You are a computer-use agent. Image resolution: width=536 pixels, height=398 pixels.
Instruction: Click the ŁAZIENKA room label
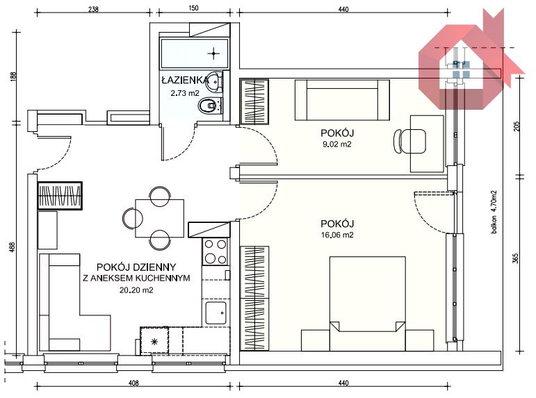pos(185,81)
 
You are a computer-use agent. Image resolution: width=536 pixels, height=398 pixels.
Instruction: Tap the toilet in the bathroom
pos(210,106)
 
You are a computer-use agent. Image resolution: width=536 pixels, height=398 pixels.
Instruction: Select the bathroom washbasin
pos(215,82)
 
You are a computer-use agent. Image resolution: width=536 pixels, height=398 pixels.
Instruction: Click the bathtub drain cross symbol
pos(213,53)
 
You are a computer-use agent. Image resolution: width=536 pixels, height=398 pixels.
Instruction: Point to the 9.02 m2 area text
pos(336,144)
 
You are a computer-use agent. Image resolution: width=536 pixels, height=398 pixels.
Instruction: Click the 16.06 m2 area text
pos(337,235)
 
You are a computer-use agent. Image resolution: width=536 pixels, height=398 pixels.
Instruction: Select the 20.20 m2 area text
pos(136,290)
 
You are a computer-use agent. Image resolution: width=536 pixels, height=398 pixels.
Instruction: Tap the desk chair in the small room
pos(409,141)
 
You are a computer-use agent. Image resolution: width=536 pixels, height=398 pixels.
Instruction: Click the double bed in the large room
pos(368,304)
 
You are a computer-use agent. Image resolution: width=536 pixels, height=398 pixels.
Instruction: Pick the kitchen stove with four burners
pos(216,251)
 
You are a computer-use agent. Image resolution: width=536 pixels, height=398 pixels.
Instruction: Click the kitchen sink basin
pos(216,313)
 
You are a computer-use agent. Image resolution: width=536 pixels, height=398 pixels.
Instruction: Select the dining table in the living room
pos(160,218)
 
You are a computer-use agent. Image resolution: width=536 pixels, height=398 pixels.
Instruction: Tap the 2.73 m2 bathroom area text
pos(185,93)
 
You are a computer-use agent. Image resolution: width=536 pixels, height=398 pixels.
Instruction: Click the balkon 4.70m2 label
pos(494,212)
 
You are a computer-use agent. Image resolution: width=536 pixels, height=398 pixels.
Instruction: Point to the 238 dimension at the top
pos(93,9)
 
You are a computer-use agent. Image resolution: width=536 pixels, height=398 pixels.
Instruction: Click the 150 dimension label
pos(193,8)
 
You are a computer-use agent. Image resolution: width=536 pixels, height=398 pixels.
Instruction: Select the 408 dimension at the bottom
pos(133,383)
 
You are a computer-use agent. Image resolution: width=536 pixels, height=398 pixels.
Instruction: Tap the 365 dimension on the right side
pos(515,258)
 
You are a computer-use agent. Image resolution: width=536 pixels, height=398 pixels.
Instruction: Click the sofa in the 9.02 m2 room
pos(342,100)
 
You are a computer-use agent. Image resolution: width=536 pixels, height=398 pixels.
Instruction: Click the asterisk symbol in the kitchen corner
pos(154,341)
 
